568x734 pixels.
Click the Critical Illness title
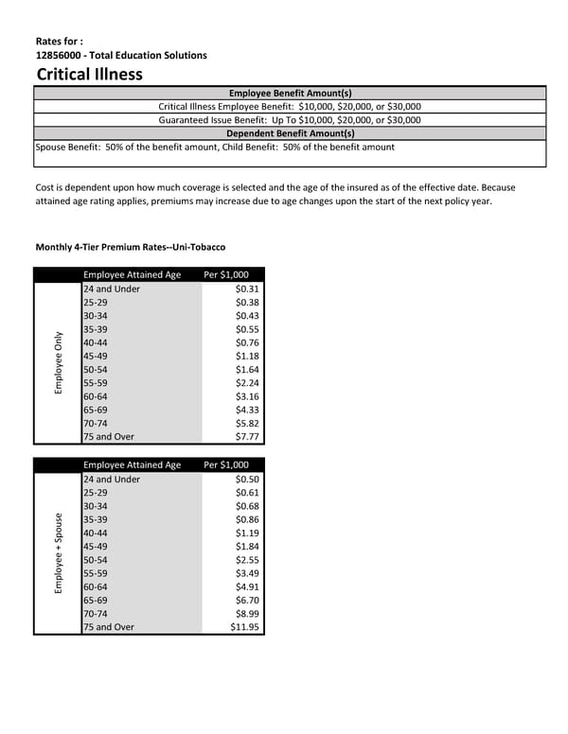tap(89, 74)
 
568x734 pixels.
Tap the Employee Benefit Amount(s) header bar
tap(291, 93)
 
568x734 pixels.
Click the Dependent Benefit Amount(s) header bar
tap(291, 133)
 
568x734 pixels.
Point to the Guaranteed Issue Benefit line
tap(290, 120)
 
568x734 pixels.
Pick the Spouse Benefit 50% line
tap(215, 147)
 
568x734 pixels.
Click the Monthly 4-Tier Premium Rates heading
tap(130, 247)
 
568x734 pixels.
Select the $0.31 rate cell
tap(247, 288)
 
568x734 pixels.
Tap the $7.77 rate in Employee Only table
tap(247, 437)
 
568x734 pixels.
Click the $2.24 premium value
tap(247, 383)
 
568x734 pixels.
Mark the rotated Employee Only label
tap(59, 362)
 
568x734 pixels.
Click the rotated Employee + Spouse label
tap(59, 553)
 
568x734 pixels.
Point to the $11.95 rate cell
tap(244, 627)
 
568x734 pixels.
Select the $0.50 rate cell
tap(247, 480)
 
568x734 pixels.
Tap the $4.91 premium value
tap(247, 586)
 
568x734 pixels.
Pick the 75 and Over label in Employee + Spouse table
tap(109, 627)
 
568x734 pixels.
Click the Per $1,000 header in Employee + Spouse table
tap(226, 464)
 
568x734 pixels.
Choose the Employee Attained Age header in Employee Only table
tap(132, 274)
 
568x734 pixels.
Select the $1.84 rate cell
tap(247, 547)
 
